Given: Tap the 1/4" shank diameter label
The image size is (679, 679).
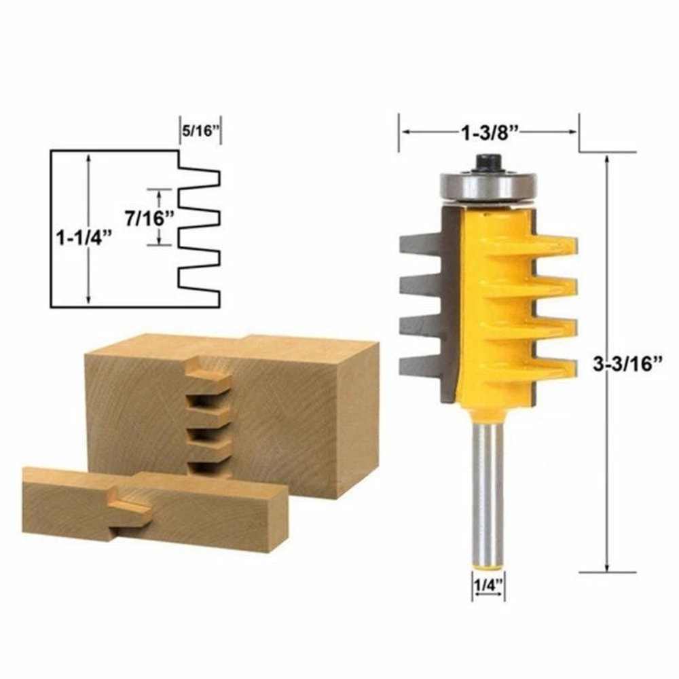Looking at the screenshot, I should (488, 582).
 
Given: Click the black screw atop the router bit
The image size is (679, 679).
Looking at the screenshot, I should (488, 162).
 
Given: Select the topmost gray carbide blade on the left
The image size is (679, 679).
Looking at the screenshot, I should (421, 244).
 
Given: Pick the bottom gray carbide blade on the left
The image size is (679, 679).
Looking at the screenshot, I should (421, 367).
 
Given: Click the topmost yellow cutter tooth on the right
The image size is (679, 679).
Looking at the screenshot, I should (553, 245).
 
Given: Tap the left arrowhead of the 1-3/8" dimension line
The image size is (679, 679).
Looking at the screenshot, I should (405, 132).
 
